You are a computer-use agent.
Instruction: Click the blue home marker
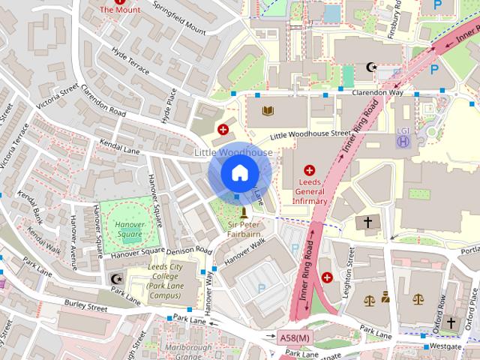238,172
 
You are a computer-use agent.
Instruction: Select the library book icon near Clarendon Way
268,112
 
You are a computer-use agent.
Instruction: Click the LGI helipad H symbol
404,140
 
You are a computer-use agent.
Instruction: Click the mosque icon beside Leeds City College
115,279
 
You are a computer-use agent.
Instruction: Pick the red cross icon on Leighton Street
327,277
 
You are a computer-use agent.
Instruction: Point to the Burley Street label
85,307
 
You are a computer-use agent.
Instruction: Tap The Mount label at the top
119,10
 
